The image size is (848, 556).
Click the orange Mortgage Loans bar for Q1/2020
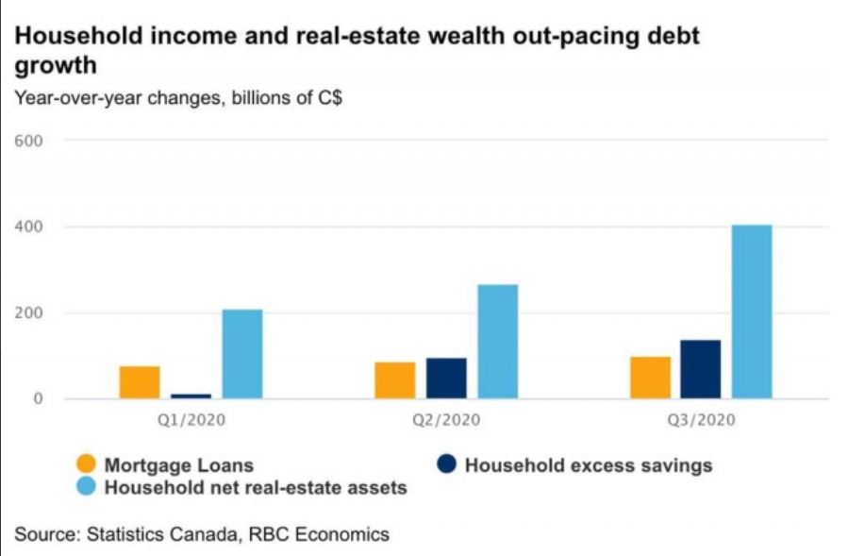140,382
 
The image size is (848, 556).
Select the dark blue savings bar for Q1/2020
191,396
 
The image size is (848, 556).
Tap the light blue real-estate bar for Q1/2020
242,354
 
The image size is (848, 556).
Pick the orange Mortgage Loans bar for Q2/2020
394,380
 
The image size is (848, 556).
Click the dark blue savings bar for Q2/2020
446,379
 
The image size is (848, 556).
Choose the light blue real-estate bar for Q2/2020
497,342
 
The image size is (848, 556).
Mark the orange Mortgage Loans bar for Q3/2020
650,378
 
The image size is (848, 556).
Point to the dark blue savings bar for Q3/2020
701,369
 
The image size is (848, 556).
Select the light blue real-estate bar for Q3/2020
752,312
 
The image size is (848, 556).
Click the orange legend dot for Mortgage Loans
87,464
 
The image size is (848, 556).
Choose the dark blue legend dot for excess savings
447,464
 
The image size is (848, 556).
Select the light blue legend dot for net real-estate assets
87,488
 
